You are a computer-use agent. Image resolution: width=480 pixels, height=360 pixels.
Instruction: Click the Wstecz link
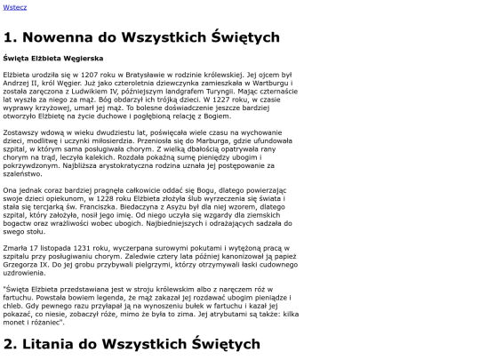[x=15, y=7]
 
